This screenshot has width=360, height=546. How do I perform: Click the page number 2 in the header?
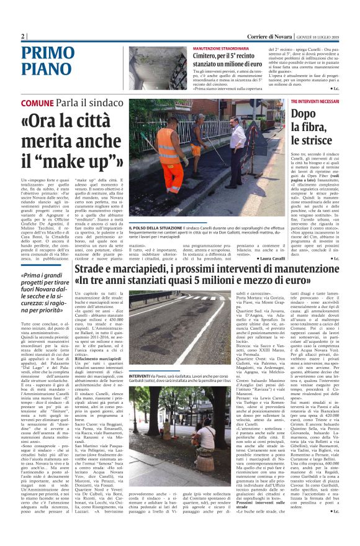point(22,36)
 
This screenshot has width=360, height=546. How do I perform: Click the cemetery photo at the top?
point(156,68)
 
